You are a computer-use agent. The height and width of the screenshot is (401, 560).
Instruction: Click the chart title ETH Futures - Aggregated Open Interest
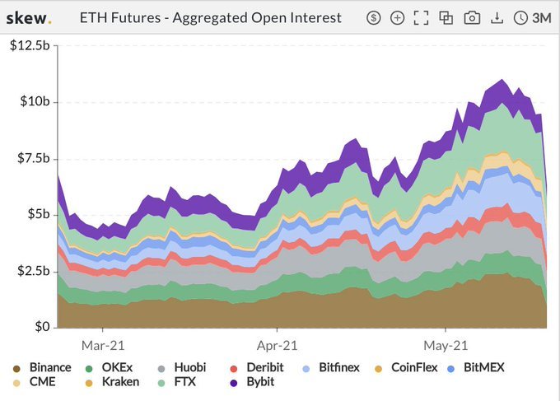coord(210,17)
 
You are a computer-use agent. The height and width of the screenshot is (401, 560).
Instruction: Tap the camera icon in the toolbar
coord(472,17)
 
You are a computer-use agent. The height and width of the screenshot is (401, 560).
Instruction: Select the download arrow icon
coord(497,17)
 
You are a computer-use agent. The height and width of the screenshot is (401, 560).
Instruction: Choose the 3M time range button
coord(533,17)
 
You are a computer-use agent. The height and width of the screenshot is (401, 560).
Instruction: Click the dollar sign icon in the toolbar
coord(374,17)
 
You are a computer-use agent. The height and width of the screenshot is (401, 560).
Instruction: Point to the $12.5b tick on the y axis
coord(30,45)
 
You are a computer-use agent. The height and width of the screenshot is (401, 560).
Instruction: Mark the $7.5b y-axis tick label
coord(32,158)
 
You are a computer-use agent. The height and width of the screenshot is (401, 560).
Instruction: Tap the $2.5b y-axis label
coord(32,271)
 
